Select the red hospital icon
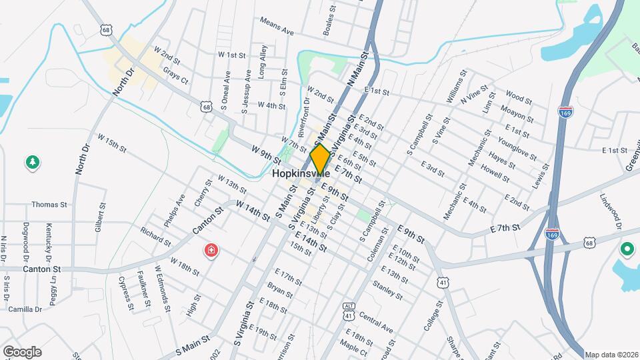pos(211,251)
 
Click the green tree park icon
pos(31,162)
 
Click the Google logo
pos(22,351)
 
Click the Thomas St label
pos(49,205)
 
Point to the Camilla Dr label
pos(25,309)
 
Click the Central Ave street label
pos(376,321)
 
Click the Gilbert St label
pos(99,217)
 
